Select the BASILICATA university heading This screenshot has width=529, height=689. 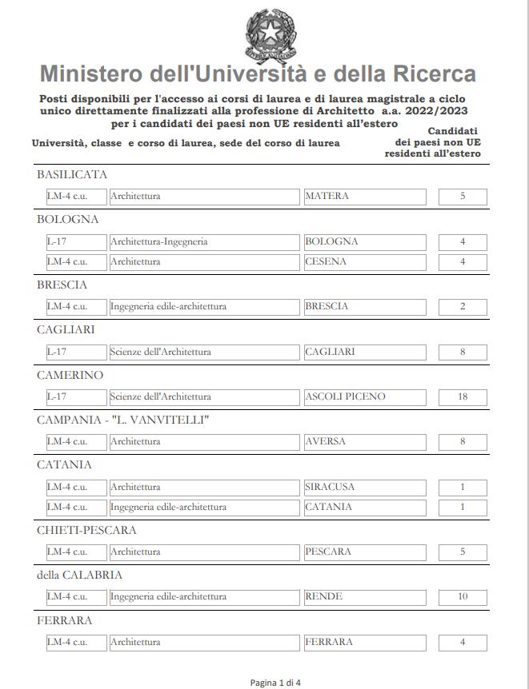72,175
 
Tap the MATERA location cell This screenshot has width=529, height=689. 365,197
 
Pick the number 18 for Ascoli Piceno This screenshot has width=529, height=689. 463,397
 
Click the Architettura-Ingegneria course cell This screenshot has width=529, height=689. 205,241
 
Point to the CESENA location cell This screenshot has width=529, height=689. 365,261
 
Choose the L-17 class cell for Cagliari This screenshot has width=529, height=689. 76,352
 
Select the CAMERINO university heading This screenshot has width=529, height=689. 70,375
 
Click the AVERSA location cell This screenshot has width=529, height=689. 365,441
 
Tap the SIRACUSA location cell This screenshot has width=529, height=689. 365,487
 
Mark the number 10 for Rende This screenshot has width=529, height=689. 463,597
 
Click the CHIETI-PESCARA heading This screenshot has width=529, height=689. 86,530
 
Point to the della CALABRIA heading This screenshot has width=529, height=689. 79,575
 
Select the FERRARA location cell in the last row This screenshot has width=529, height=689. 365,642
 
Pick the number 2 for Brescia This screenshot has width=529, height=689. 463,306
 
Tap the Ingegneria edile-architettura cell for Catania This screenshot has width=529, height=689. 205,507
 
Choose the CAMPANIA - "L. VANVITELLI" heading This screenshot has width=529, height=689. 122,420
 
